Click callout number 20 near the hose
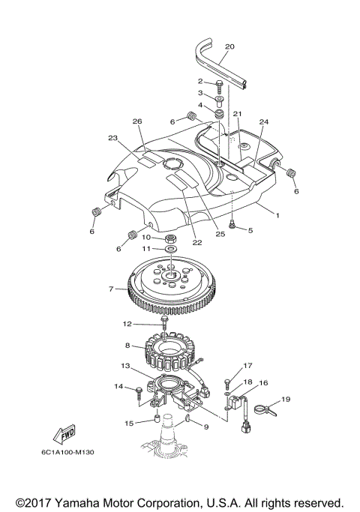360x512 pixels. [229, 46]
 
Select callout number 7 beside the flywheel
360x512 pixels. [110, 289]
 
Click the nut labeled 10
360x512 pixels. [170, 238]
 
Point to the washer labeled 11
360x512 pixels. [171, 248]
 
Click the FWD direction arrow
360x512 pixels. [62, 436]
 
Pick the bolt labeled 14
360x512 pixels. [139, 390]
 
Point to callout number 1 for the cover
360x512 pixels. [277, 215]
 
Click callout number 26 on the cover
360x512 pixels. [137, 121]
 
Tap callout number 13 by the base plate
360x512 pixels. [126, 367]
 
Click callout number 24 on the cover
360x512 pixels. [263, 121]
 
